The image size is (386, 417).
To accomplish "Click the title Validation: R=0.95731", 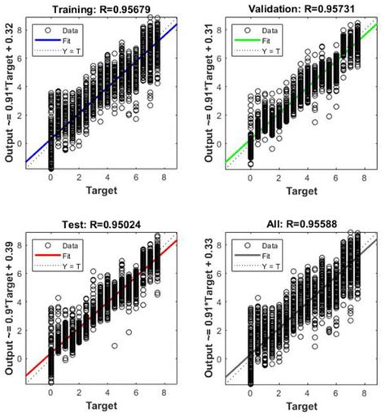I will click(x=297, y=9).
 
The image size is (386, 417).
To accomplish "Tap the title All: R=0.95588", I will click(x=297, y=222).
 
